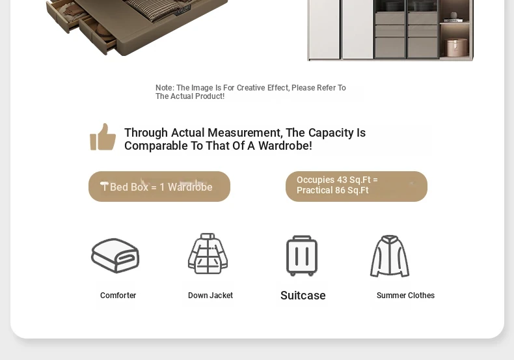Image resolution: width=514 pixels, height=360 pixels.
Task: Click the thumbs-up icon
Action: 103,137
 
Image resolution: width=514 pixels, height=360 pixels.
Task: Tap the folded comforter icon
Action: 115,255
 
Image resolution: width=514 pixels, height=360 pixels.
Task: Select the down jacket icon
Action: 208,253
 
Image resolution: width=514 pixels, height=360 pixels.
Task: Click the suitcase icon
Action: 302,256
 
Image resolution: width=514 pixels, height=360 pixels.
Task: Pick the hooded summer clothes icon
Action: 390,256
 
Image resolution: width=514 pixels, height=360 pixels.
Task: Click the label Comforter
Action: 118,296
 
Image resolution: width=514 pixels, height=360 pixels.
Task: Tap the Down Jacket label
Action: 210,296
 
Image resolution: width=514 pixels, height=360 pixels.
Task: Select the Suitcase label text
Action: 303,296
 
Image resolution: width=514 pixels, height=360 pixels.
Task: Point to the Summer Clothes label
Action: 405,296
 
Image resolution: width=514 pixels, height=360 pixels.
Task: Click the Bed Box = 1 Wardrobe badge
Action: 159,187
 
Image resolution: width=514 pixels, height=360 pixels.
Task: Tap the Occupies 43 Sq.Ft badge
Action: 357,186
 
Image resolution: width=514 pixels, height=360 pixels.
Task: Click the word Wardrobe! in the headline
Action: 285,146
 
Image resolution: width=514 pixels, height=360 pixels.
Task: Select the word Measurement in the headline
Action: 245,133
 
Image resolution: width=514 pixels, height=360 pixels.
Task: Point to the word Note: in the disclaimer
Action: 165,88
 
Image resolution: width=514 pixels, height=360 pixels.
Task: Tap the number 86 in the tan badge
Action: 340,191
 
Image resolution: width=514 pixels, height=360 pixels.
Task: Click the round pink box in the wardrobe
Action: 457,47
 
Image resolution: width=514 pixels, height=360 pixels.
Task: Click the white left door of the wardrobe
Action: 324,29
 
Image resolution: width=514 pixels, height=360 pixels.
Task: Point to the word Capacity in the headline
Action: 331,133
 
